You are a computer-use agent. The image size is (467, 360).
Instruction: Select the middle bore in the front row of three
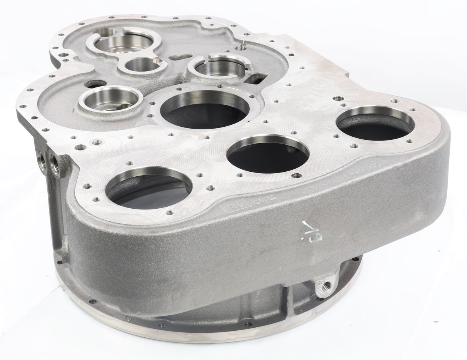coord(268,154)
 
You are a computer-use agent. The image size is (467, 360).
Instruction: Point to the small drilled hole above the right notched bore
coord(242,48)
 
